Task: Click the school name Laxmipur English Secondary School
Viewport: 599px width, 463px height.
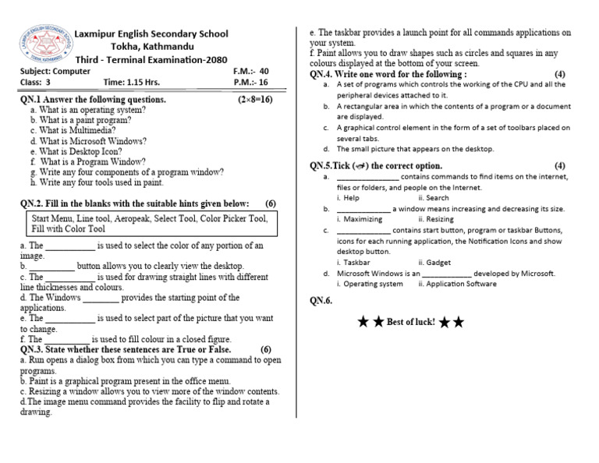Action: [x=151, y=34]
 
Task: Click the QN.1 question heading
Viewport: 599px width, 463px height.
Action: [x=93, y=100]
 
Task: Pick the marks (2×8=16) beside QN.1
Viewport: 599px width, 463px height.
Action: [x=254, y=100]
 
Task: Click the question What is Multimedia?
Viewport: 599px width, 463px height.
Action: [x=72, y=131]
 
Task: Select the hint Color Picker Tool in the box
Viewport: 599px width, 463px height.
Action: [x=233, y=219]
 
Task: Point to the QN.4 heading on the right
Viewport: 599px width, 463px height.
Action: [x=388, y=74]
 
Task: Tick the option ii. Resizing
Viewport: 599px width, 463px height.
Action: [x=436, y=219]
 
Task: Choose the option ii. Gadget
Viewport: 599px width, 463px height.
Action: [x=434, y=263]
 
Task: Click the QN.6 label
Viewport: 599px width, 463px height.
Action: [x=321, y=301]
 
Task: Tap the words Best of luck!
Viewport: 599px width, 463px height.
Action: [x=410, y=322]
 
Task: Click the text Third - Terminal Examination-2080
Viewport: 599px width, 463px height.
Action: [x=151, y=58]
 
